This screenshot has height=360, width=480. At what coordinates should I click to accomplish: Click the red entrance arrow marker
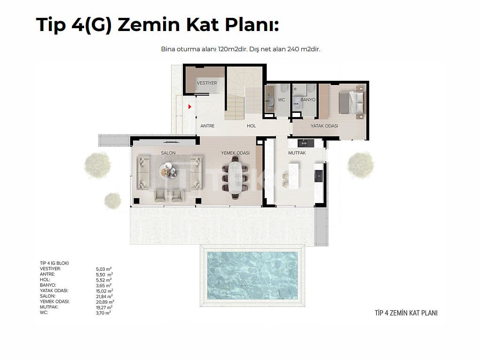190,107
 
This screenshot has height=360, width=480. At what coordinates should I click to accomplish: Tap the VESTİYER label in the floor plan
207,83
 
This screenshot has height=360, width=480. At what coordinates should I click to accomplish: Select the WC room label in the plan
281,100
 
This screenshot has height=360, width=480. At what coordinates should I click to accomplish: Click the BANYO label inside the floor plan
308,100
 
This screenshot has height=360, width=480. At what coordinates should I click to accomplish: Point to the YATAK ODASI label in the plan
324,126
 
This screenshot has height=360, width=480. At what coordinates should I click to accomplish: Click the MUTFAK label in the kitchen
297,153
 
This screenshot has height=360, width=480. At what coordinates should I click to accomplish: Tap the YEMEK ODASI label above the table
236,153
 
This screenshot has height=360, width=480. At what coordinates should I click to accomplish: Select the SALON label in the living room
168,153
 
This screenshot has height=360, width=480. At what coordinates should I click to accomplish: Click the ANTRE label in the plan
207,126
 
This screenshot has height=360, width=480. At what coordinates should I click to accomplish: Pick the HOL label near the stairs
252,126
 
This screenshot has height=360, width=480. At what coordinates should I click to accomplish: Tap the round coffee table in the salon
168,169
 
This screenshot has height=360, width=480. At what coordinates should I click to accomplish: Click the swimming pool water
252,275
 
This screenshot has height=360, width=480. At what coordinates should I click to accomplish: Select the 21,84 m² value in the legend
104,297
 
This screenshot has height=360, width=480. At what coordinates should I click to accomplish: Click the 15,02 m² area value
104,291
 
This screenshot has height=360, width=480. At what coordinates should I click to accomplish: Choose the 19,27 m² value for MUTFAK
104,307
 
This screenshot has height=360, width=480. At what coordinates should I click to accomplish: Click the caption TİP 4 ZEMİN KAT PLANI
406,313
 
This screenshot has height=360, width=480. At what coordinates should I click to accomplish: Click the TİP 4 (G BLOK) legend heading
55,263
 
